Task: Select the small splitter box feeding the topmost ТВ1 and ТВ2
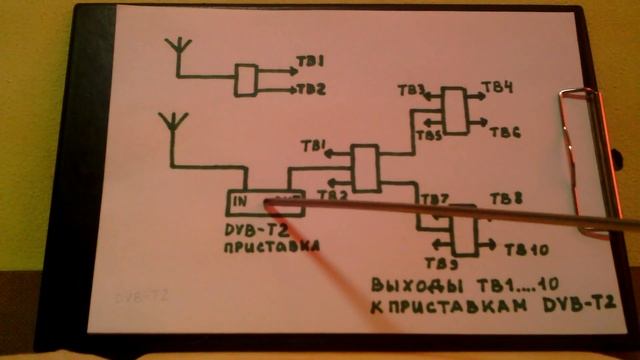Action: coord(245,78)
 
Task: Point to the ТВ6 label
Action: coord(505,132)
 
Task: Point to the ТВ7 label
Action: coord(435,199)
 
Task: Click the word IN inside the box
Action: coord(241,202)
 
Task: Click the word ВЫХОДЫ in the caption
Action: coord(404,283)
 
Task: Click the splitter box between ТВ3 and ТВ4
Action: coord(456,111)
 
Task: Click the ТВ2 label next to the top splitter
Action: coord(311,89)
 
